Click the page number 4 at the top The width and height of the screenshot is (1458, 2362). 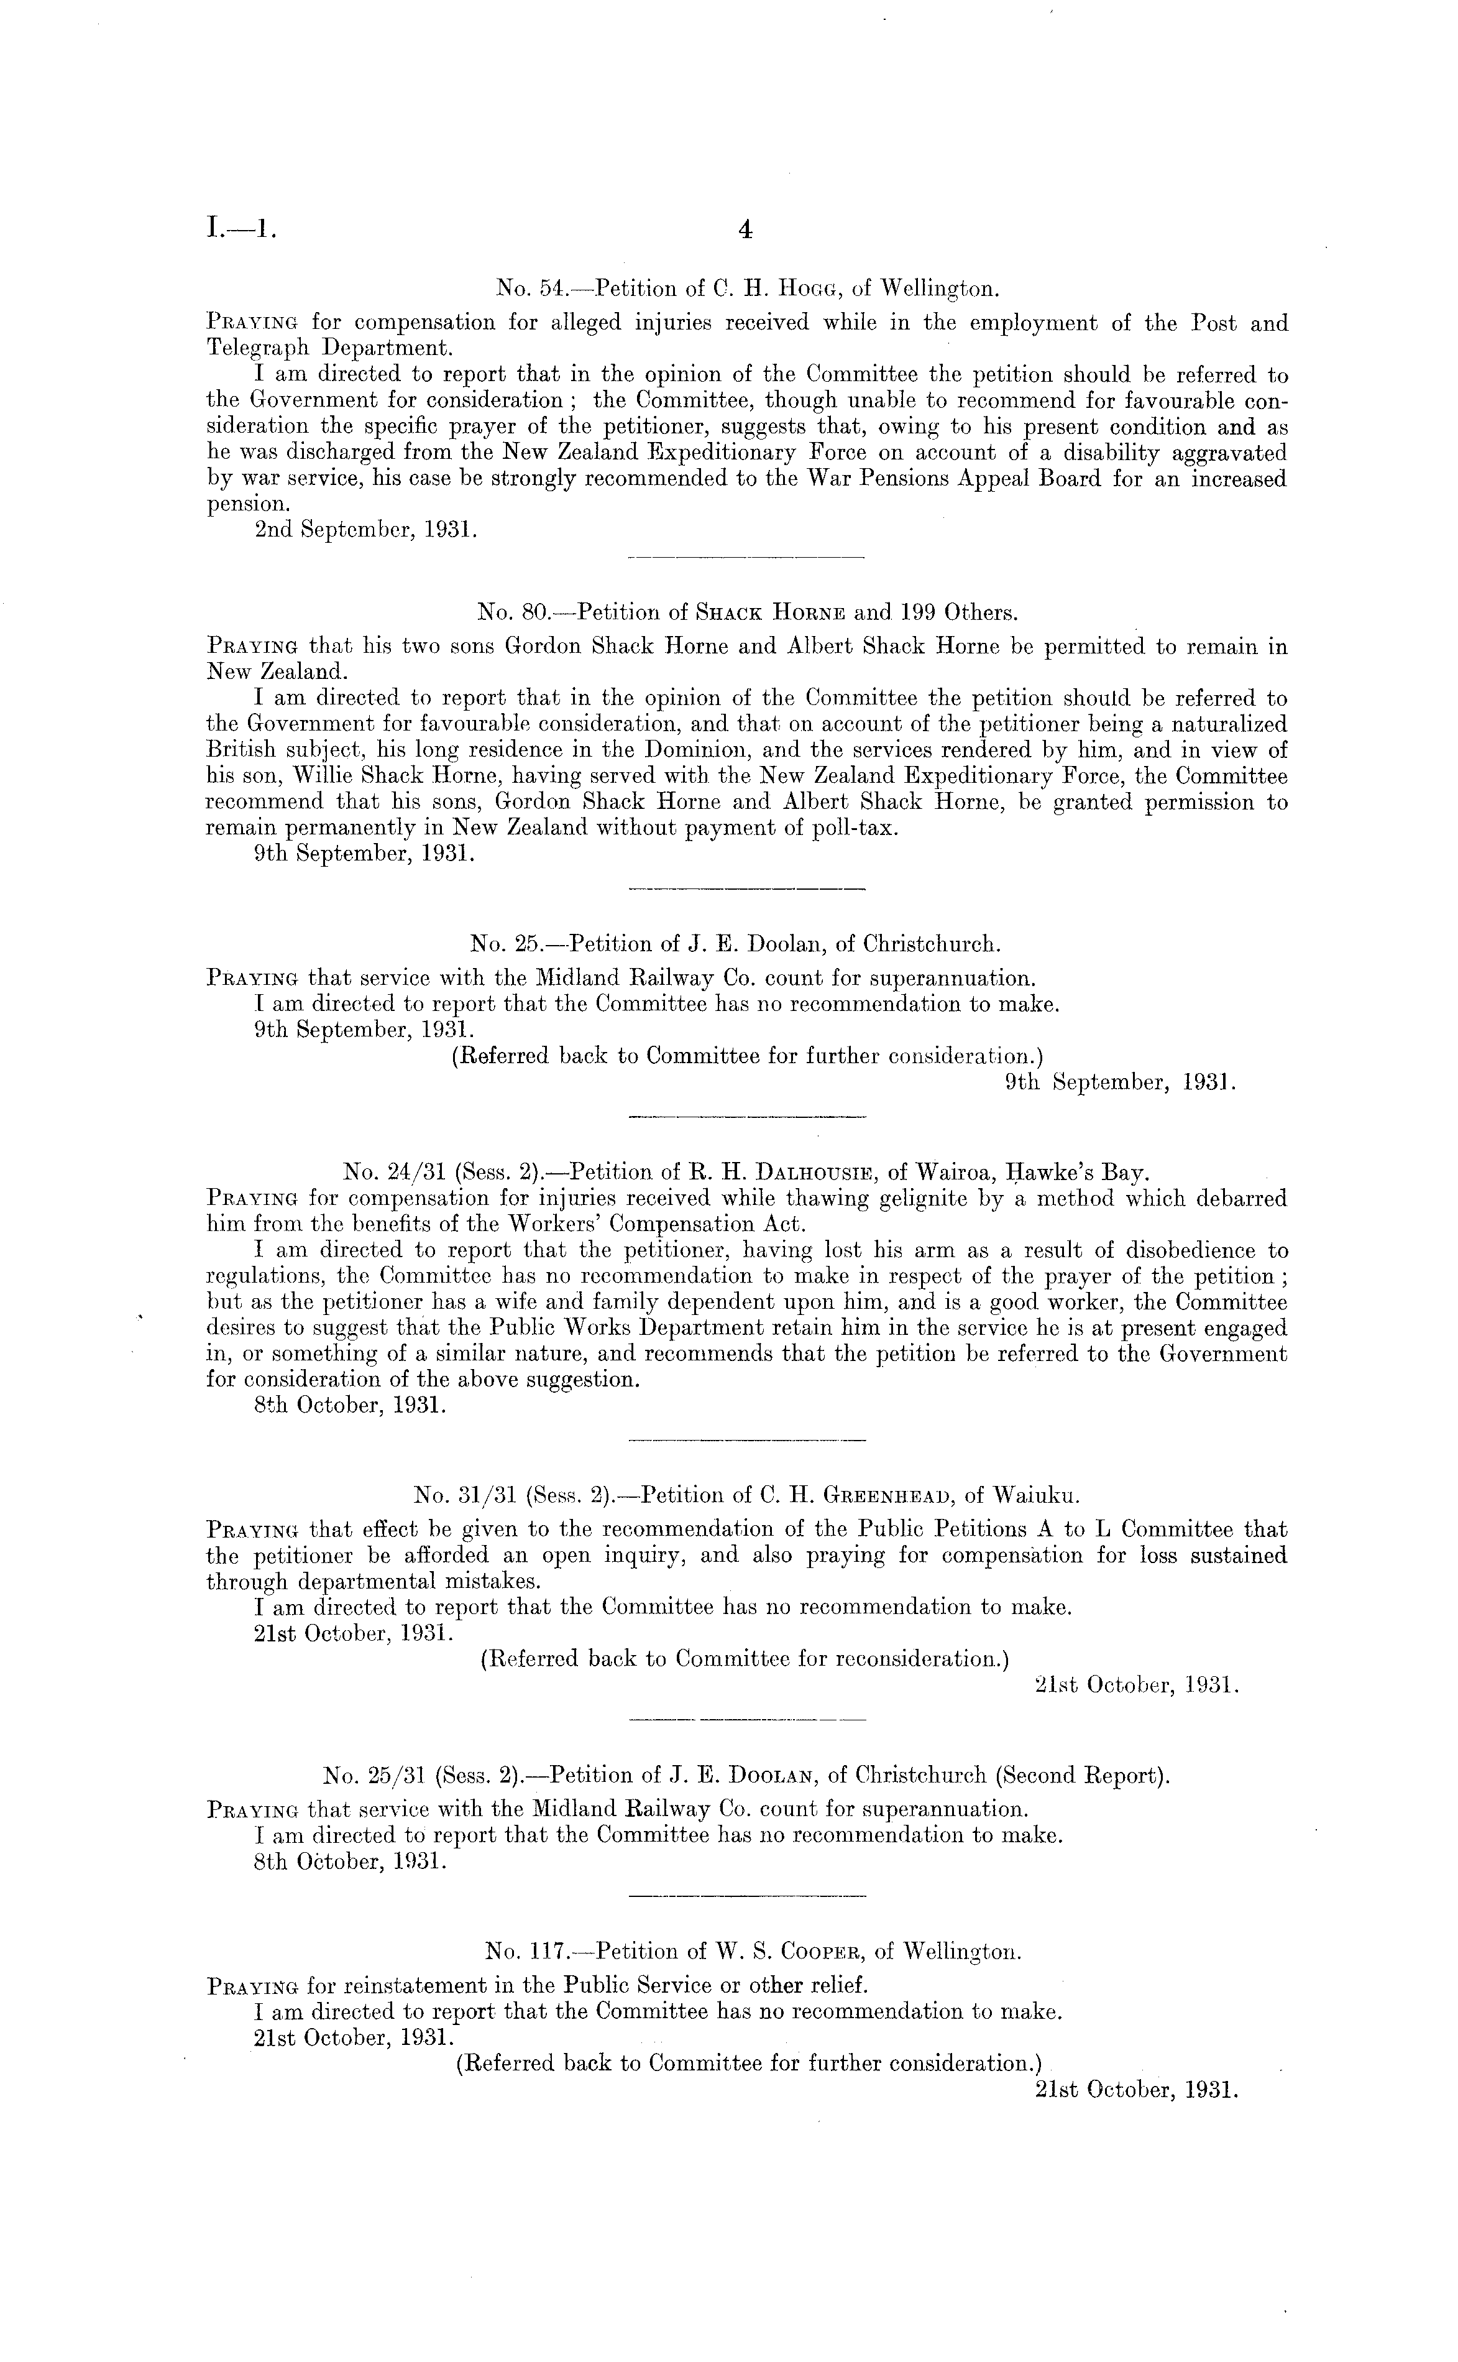[x=743, y=229]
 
